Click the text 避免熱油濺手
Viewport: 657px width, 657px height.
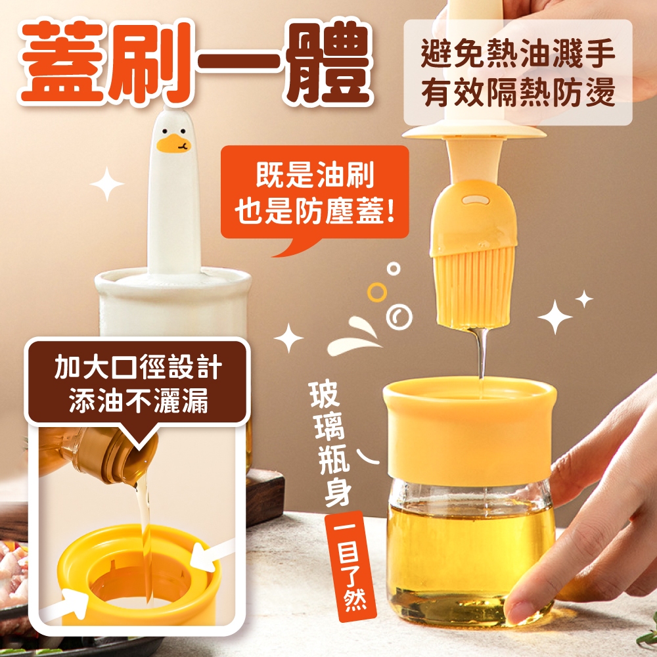(x=518, y=53)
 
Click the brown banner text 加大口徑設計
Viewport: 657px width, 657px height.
(x=137, y=367)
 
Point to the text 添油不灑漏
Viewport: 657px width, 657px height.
(x=138, y=401)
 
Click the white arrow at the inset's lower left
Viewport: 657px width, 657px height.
(x=67, y=603)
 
